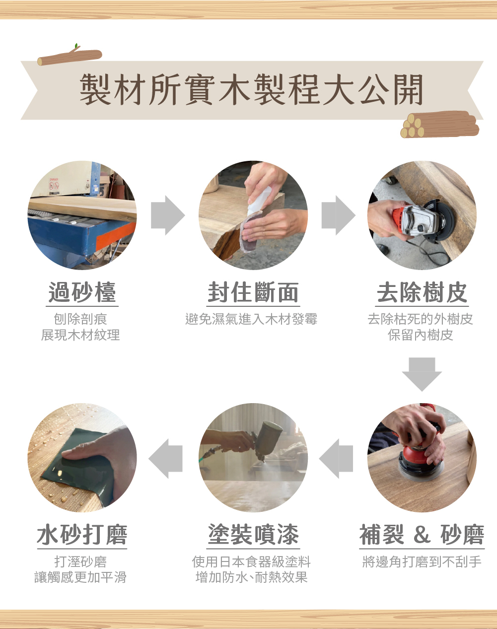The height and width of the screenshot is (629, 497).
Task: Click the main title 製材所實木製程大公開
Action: tap(251, 89)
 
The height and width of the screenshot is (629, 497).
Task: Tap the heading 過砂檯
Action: tap(82, 292)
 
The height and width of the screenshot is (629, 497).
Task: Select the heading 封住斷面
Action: tap(253, 292)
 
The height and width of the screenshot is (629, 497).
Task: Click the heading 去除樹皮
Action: tap(422, 292)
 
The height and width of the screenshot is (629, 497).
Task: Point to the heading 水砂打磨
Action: tap(82, 535)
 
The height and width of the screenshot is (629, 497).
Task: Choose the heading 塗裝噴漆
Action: tap(253, 535)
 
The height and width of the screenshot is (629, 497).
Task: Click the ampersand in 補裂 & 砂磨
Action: tap(422, 535)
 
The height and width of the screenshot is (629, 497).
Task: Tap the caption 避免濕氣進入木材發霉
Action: tap(251, 319)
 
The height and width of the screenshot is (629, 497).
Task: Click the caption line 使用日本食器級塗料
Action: tap(251, 561)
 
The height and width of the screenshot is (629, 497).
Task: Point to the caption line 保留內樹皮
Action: tap(421, 335)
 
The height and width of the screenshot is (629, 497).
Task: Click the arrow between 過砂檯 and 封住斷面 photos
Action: tap(168, 215)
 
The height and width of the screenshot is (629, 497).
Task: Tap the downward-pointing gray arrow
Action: tap(422, 374)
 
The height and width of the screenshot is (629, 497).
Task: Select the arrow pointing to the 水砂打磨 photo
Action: tap(165, 458)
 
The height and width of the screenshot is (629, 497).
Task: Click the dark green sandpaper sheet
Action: tap(79, 468)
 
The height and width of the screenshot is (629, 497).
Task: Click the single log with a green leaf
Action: tap(70, 56)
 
